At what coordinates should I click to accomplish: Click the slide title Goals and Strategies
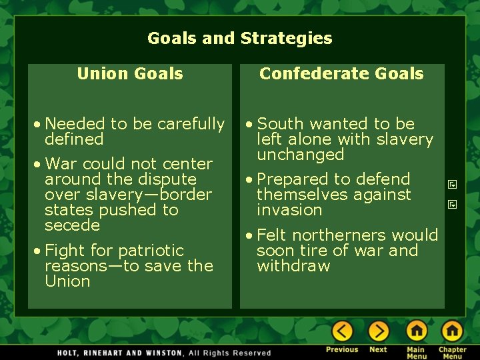point(239,39)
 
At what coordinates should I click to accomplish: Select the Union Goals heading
point(130,74)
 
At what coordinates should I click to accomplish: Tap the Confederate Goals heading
point(341,74)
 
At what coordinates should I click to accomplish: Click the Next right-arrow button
point(378,331)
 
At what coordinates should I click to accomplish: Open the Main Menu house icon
point(417,331)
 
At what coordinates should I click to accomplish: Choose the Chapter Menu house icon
point(452,331)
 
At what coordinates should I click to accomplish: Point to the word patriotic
point(151,251)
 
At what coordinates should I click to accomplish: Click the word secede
point(72,225)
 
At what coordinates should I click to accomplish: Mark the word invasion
point(289,210)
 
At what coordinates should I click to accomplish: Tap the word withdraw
point(293,266)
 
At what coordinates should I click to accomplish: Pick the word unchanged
point(300,155)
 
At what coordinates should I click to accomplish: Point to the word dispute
point(164,179)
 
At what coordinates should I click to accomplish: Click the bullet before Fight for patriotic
point(38,251)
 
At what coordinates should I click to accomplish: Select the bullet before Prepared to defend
point(250,180)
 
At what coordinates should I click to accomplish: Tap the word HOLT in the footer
point(69,353)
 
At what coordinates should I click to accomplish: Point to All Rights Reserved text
point(230,353)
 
